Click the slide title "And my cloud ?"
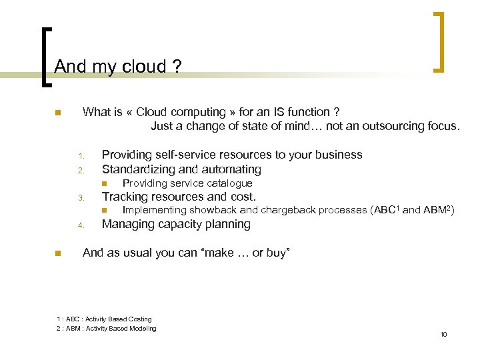click(x=117, y=67)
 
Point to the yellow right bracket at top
click(x=439, y=41)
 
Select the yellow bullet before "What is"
click(x=58, y=113)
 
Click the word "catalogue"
click(x=229, y=183)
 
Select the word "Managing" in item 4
click(x=127, y=225)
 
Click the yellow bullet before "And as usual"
click(x=58, y=253)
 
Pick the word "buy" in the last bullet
click(x=275, y=253)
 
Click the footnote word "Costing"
click(x=138, y=319)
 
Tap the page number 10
click(x=443, y=334)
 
